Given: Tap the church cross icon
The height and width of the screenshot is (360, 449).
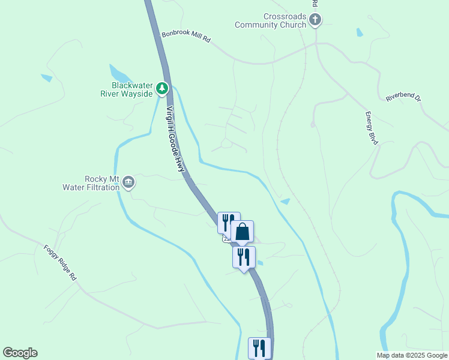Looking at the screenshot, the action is pos(315,21).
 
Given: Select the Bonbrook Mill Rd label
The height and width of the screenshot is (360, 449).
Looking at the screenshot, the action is pos(186,37).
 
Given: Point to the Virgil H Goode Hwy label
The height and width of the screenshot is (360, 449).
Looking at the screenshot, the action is pos(175,140).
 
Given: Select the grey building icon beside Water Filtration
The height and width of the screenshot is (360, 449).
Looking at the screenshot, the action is pos(128,183).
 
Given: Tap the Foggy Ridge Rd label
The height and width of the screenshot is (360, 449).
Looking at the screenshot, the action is pos(60,263).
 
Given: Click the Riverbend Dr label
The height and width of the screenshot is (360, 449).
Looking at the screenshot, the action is pos(403,97).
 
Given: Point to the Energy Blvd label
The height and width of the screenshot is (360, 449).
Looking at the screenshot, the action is pos(372,128).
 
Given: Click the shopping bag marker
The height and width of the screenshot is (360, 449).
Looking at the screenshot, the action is pos(242,232).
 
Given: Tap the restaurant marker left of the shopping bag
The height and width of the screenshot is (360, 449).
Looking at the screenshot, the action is pos(228,223).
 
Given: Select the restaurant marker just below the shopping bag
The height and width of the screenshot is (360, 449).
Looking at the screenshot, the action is pos(244,257).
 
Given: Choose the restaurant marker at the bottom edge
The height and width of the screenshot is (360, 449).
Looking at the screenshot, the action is pos(259,347).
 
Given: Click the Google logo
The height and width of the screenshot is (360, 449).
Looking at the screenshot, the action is pos(20,353).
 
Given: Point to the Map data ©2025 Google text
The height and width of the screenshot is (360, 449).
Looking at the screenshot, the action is pos(411,355).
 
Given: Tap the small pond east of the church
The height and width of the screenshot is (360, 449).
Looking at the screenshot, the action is pos(360,32).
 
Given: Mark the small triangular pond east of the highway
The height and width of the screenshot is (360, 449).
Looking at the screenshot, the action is pos(286,202).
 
